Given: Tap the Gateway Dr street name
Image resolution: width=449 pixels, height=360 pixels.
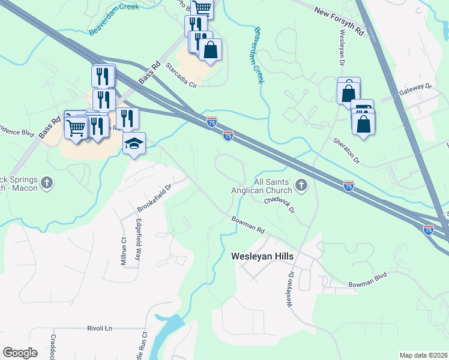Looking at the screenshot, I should [415, 89].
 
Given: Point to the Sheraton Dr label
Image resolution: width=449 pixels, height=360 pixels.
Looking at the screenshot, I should [346, 151].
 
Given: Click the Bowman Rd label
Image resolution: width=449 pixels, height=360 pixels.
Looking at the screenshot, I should [249, 225].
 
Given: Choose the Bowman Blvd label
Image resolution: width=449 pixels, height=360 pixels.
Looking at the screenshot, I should [368, 279].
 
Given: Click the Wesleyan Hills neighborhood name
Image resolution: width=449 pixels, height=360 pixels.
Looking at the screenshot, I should [262, 256].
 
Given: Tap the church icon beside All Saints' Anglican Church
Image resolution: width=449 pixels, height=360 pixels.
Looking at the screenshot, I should [302, 186].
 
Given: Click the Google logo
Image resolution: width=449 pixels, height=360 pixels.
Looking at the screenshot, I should [20, 353].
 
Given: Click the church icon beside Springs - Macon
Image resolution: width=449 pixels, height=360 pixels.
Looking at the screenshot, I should [49, 181].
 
